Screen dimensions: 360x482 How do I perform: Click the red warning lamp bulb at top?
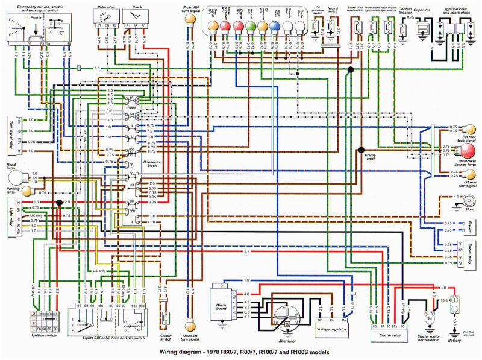tap(224, 26)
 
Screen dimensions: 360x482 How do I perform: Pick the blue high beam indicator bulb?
tap(274, 26)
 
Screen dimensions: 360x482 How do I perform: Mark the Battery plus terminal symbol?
tap(456, 299)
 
